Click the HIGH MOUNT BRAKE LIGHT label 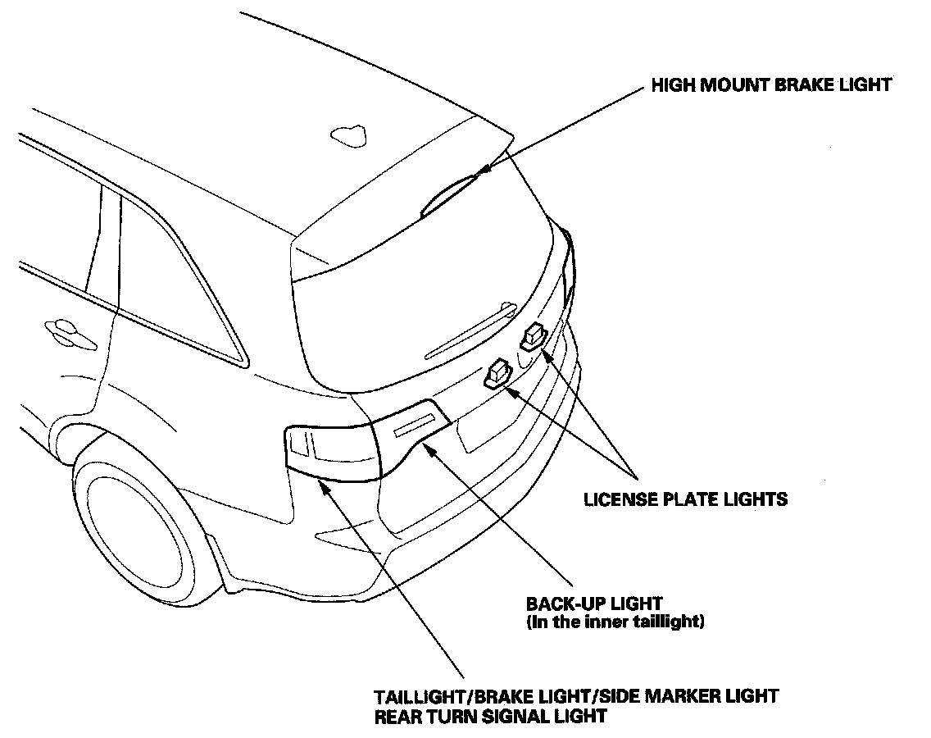770,85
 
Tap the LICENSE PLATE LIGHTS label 685,499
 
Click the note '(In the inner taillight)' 615,622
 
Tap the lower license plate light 499,374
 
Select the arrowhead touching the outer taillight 324,485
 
